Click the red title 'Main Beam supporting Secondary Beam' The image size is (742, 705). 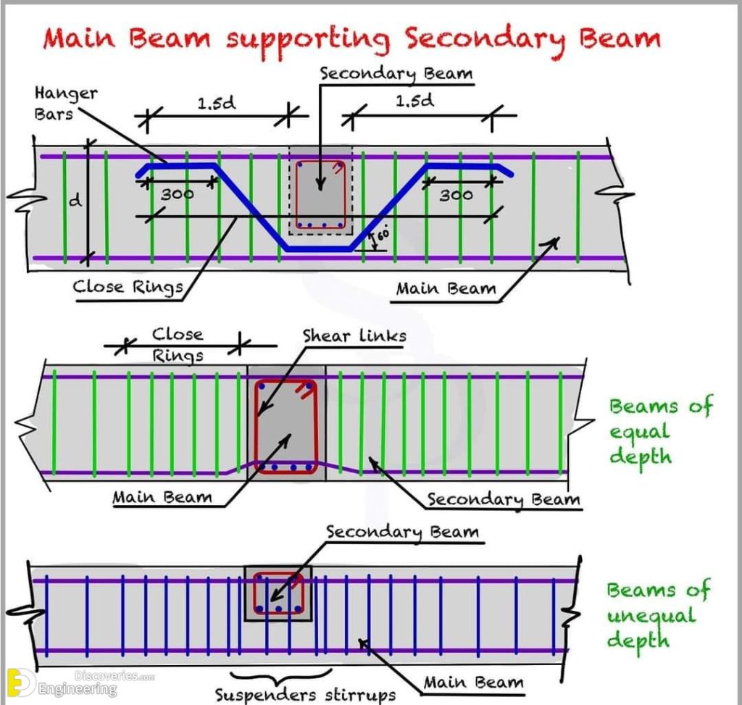[x=351, y=37]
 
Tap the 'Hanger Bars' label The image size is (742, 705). [x=65, y=104]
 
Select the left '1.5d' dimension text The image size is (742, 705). [x=217, y=104]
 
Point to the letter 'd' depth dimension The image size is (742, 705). [x=75, y=201]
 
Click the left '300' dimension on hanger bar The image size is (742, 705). [x=178, y=195]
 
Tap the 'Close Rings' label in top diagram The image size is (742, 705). [x=128, y=287]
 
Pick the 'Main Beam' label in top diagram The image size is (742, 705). [x=446, y=288]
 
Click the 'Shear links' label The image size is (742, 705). [x=354, y=335]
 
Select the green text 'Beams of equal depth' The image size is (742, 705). [x=659, y=431]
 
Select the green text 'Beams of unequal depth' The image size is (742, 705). [x=658, y=614]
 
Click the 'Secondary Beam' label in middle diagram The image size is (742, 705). [x=503, y=499]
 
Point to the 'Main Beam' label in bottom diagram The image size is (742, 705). [x=472, y=682]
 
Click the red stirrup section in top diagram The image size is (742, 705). [x=320, y=194]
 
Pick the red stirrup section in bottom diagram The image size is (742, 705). [x=278, y=593]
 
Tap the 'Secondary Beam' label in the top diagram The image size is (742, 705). [x=396, y=74]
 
